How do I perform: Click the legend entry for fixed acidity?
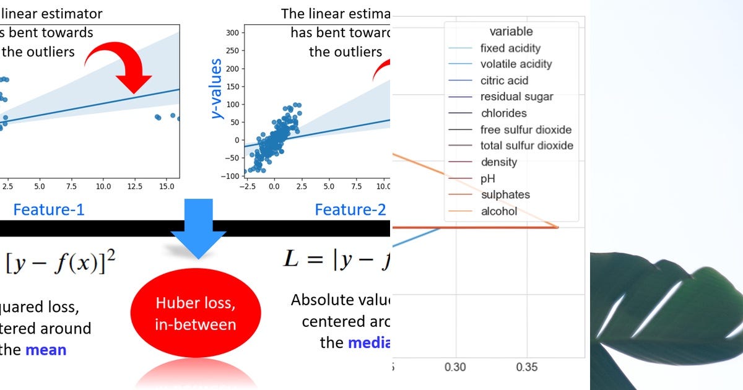510,48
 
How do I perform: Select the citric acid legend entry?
504,80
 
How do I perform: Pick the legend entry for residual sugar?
516,97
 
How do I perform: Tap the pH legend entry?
488,178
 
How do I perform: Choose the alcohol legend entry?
498,211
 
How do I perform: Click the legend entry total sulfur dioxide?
526,145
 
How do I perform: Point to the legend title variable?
511,31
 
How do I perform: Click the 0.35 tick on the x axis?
528,367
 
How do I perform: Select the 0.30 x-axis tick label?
456,367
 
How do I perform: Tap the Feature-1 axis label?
49,210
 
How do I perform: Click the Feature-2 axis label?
350,210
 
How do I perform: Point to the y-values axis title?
217,89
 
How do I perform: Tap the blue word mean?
46,350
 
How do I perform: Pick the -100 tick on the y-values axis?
230,176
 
